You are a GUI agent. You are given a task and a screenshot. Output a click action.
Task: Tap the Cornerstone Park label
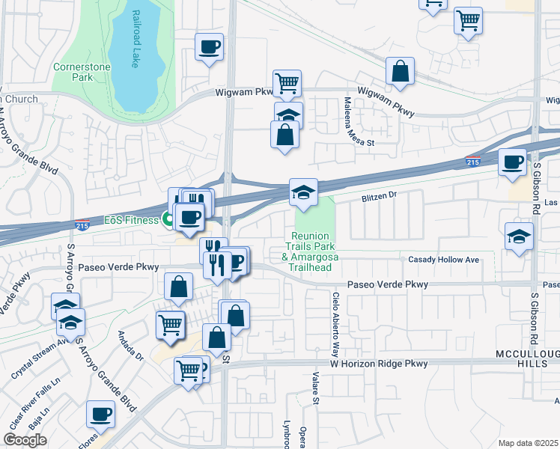pyautogui.click(x=82, y=72)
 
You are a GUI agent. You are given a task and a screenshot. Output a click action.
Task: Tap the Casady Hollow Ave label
pyautogui.click(x=443, y=260)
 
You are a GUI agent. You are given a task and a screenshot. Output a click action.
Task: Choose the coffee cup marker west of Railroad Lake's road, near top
pyautogui.click(x=209, y=46)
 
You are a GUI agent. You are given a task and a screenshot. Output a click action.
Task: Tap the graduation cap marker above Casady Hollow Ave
pyautogui.click(x=519, y=236)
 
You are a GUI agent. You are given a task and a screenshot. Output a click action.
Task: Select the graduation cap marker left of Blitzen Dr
pyautogui.click(x=303, y=192)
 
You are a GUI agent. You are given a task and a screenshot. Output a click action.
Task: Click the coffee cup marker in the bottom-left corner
pyautogui.click(x=100, y=414)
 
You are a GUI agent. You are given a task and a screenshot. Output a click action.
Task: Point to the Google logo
pyautogui.click(x=25, y=440)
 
